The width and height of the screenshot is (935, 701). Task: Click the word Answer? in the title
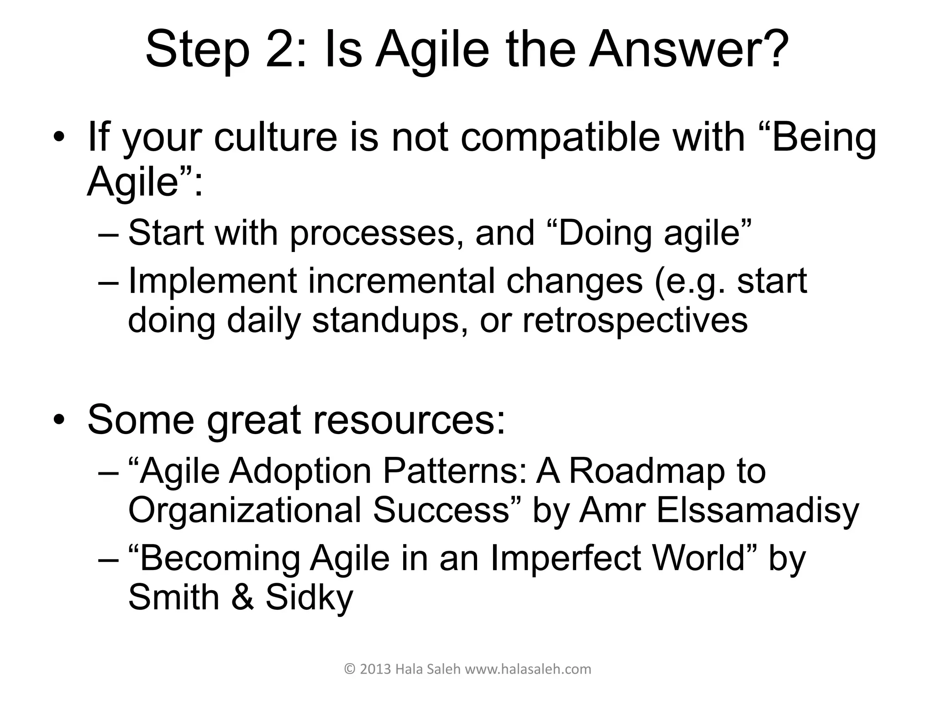point(689,49)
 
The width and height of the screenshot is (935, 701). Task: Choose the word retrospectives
point(635,320)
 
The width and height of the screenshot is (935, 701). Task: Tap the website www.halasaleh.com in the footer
point(528,670)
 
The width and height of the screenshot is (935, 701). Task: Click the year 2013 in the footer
point(375,670)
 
